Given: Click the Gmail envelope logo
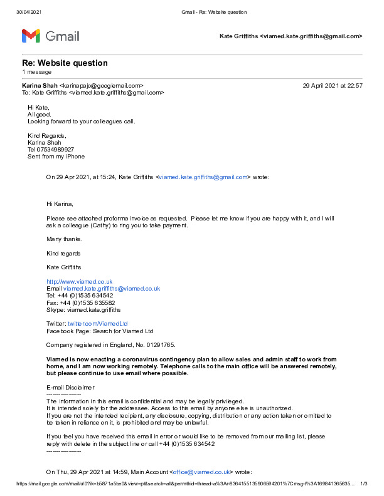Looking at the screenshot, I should [x=31, y=36].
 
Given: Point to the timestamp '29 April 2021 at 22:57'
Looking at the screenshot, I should [x=332, y=85].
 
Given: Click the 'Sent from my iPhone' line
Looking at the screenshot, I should [x=56, y=157].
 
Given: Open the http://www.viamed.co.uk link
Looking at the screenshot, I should [x=79, y=282].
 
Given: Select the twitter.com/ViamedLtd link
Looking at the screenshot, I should [x=93, y=324].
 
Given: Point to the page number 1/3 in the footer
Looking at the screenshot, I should [x=363, y=483].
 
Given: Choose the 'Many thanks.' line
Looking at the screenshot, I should [x=64, y=239].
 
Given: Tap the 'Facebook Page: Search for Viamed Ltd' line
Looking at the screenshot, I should [x=100, y=331].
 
